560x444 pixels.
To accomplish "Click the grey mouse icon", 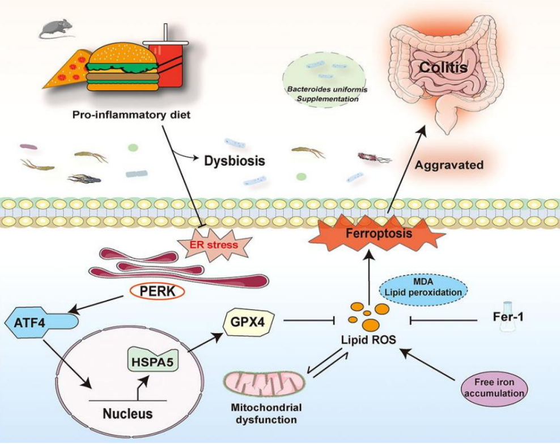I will (57, 28).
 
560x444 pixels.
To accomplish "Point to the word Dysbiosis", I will (234, 161).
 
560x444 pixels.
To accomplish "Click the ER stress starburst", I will (215, 246).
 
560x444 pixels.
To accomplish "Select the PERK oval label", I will (155, 293).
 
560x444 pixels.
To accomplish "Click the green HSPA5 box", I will (150, 360).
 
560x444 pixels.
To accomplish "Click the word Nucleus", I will (128, 413).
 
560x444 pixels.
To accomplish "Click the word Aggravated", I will (449, 166).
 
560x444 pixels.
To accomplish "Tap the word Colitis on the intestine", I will (443, 69).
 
